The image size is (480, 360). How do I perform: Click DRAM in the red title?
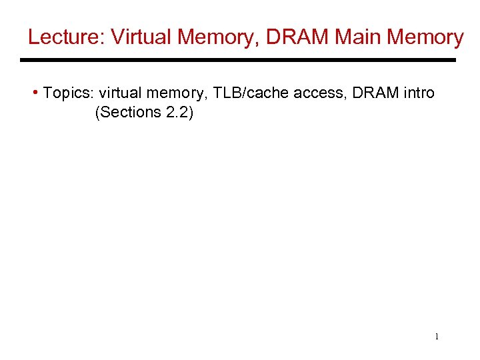click(x=298, y=37)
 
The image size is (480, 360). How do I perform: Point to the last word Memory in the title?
click(x=425, y=37)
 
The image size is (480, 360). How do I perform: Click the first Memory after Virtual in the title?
click(x=217, y=37)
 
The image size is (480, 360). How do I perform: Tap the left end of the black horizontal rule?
click(x=23, y=60)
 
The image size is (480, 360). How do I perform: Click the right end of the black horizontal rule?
click(x=454, y=60)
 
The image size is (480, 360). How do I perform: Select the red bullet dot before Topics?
click(x=35, y=92)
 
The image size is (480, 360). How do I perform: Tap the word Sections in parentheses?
click(x=129, y=113)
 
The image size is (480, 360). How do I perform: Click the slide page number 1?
click(x=437, y=337)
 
